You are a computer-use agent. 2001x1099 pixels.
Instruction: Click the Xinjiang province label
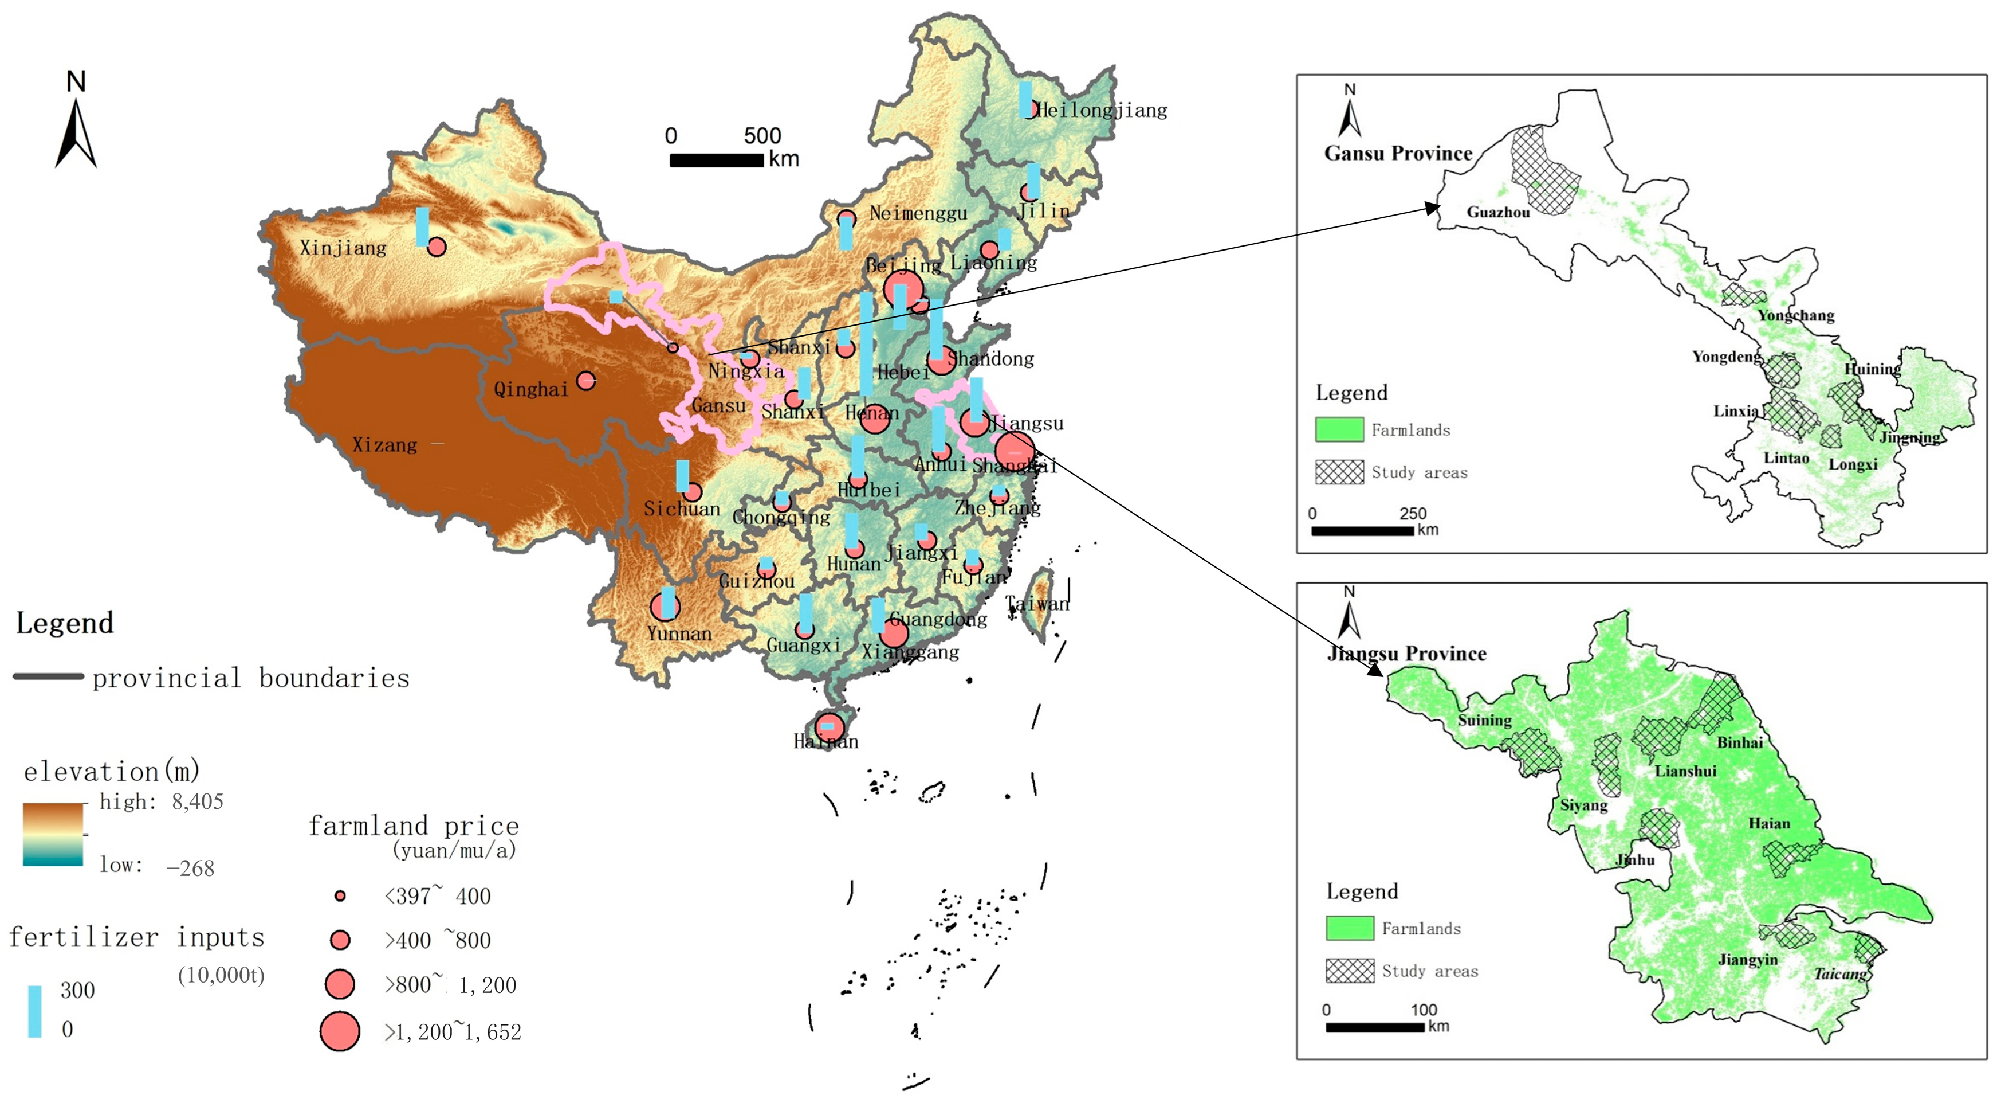pyautogui.click(x=343, y=248)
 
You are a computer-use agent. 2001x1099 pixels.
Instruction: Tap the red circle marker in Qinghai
pyautogui.click(x=585, y=381)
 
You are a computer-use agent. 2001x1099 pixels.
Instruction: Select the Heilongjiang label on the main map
pyautogui.click(x=1102, y=111)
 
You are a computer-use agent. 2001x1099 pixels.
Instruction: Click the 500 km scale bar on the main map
pyautogui.click(x=716, y=160)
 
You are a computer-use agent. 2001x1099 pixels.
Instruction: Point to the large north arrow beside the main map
pyautogui.click(x=76, y=132)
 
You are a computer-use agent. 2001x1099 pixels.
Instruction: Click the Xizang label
pyautogui.click(x=384, y=444)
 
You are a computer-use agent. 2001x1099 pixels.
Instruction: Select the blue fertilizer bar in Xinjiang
pyautogui.click(x=422, y=226)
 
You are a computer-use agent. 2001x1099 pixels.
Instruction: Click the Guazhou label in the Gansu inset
pyautogui.click(x=1497, y=212)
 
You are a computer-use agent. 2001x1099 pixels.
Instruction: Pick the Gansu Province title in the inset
pyautogui.click(x=1397, y=153)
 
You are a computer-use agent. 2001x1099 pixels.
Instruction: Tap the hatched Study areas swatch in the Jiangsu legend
pyautogui.click(x=1349, y=971)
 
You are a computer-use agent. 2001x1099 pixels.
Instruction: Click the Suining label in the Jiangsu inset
pyautogui.click(x=1484, y=721)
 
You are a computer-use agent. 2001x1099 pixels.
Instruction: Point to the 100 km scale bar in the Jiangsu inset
pyautogui.click(x=1374, y=1027)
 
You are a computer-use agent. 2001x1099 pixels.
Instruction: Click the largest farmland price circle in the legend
pyautogui.click(x=340, y=1031)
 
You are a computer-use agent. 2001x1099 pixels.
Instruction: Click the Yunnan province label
pyautogui.click(x=679, y=633)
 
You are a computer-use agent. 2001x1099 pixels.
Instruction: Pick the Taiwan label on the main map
pyautogui.click(x=1037, y=603)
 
